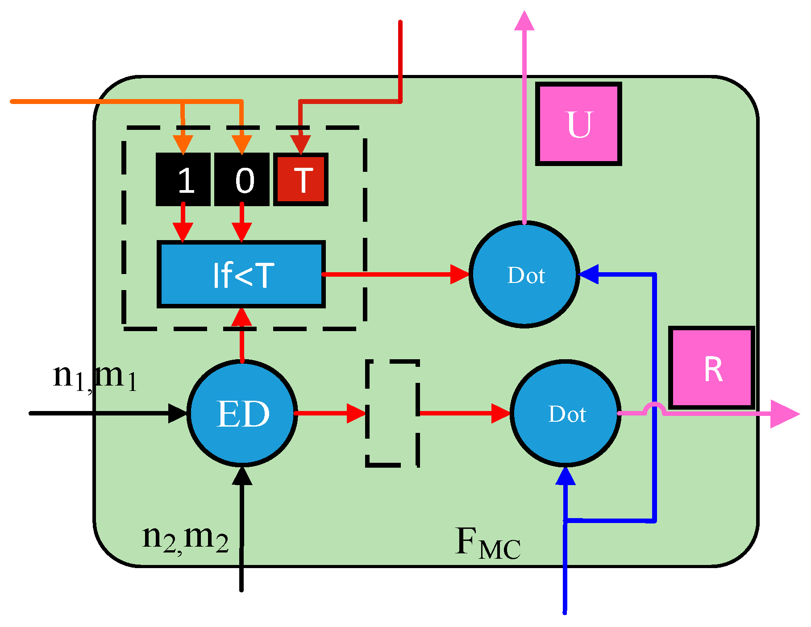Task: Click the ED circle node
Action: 242,413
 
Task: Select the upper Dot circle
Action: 524,274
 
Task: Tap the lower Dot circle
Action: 566,413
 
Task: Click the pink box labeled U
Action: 578,124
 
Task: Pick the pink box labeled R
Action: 712,368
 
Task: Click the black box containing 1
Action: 183,179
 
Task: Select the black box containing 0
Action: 242,179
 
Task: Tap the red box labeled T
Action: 301,179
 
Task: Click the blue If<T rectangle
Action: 241,274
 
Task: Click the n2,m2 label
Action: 185,538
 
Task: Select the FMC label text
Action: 487,543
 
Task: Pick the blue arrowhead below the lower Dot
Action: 565,477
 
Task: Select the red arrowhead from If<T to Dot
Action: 459,274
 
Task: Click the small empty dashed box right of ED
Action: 392,413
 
